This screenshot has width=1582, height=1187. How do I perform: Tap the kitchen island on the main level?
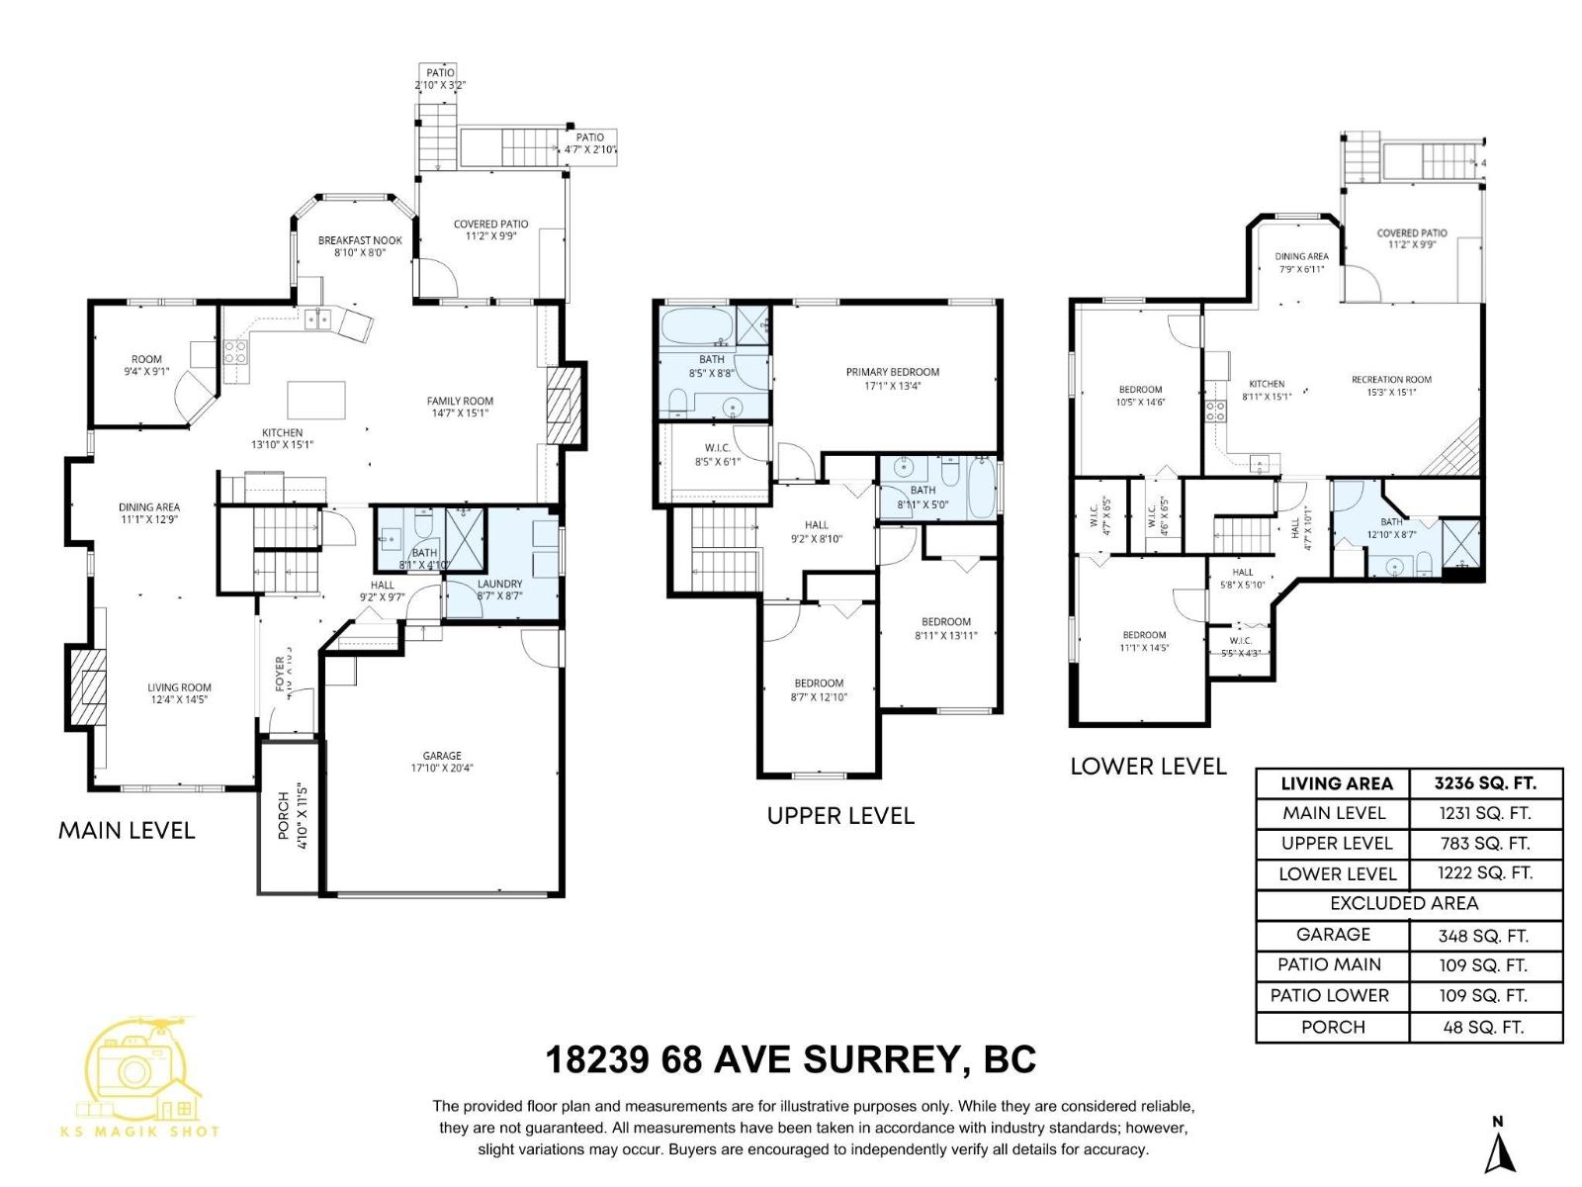click(x=316, y=401)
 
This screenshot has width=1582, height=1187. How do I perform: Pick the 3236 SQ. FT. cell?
click(x=1485, y=783)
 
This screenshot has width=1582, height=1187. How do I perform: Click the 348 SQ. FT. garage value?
click(x=1483, y=936)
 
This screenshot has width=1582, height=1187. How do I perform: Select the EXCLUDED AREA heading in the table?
click(x=1404, y=903)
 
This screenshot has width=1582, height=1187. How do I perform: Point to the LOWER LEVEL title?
click(x=1148, y=767)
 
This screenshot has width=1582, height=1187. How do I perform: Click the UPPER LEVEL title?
click(x=840, y=815)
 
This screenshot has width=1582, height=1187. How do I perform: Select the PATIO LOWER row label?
click(x=1332, y=995)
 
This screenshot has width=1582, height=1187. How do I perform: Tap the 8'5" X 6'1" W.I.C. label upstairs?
click(x=717, y=454)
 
